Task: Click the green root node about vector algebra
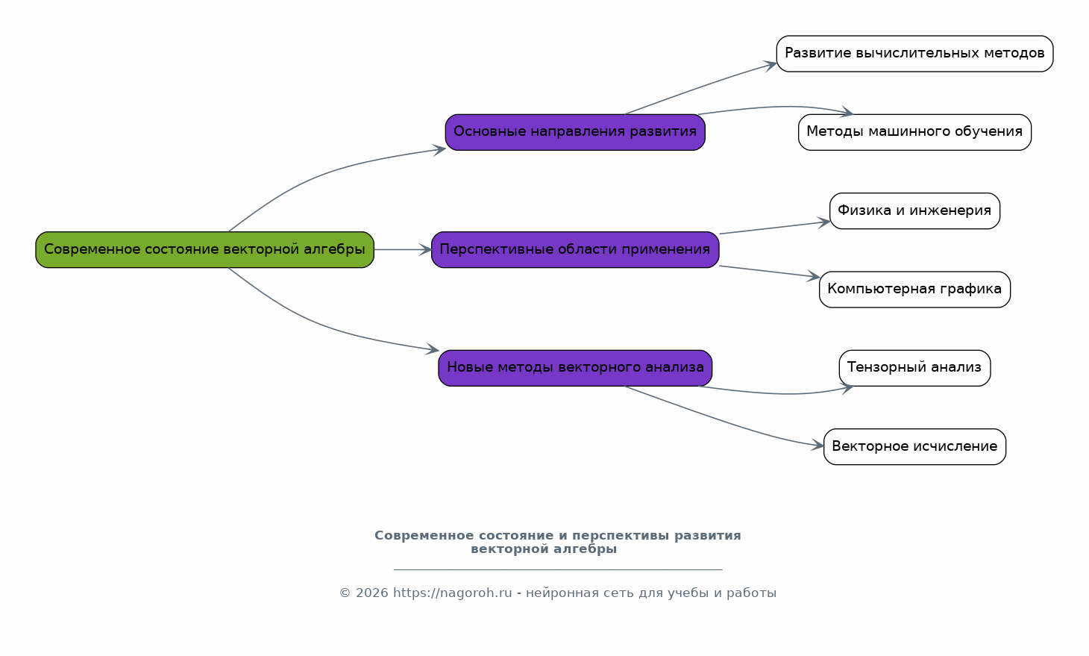(x=204, y=249)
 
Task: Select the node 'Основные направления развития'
(x=574, y=132)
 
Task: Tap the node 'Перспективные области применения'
(x=574, y=249)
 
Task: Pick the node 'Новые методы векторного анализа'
(x=574, y=367)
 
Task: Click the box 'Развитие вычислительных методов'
(x=914, y=54)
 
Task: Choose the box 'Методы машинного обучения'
(x=914, y=132)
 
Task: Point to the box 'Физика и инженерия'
(x=914, y=210)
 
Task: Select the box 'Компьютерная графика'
(x=914, y=289)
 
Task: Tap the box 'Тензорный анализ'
(x=914, y=367)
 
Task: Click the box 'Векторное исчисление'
(x=914, y=446)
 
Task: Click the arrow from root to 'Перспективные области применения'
(x=402, y=249)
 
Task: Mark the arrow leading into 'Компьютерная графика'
(x=768, y=272)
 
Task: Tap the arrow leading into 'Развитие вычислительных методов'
(x=701, y=87)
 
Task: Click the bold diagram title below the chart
(x=557, y=542)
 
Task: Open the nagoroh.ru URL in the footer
(x=452, y=593)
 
